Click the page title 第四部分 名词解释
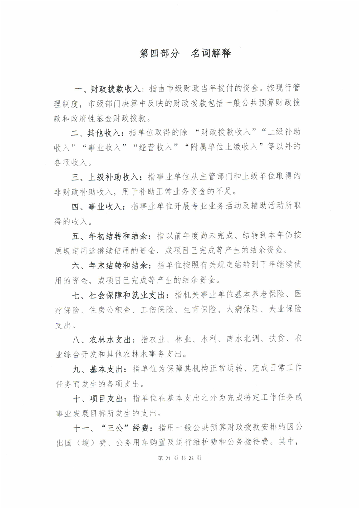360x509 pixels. (x=186, y=54)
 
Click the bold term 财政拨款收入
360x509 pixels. (x=116, y=88)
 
